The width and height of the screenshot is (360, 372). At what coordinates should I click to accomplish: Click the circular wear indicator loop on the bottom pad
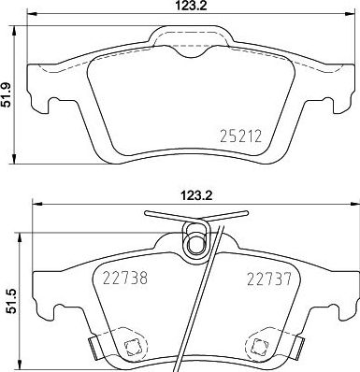197,243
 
